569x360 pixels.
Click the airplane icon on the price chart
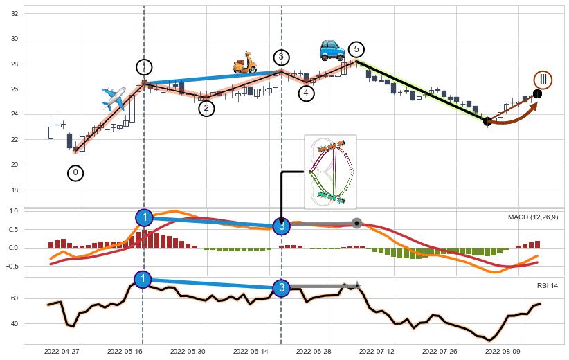[x=114, y=98]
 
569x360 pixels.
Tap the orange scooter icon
[x=244, y=62]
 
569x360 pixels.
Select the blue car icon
[x=332, y=49]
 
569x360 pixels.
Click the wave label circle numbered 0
[x=76, y=173]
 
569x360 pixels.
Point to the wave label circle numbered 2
[x=206, y=108]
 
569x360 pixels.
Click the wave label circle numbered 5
[x=356, y=49]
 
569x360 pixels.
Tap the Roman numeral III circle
[x=543, y=80]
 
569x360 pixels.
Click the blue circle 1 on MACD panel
[x=144, y=218]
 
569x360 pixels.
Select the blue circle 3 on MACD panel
[x=281, y=226]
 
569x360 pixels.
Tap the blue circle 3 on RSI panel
[x=281, y=287]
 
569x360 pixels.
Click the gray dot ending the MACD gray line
[x=356, y=223]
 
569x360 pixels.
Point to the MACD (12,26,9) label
[x=532, y=217]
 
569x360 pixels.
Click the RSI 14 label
[x=547, y=285]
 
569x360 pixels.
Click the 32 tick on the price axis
[x=14, y=14]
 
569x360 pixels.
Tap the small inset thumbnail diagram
[x=330, y=172]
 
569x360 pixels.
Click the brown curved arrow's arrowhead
[x=533, y=106]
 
